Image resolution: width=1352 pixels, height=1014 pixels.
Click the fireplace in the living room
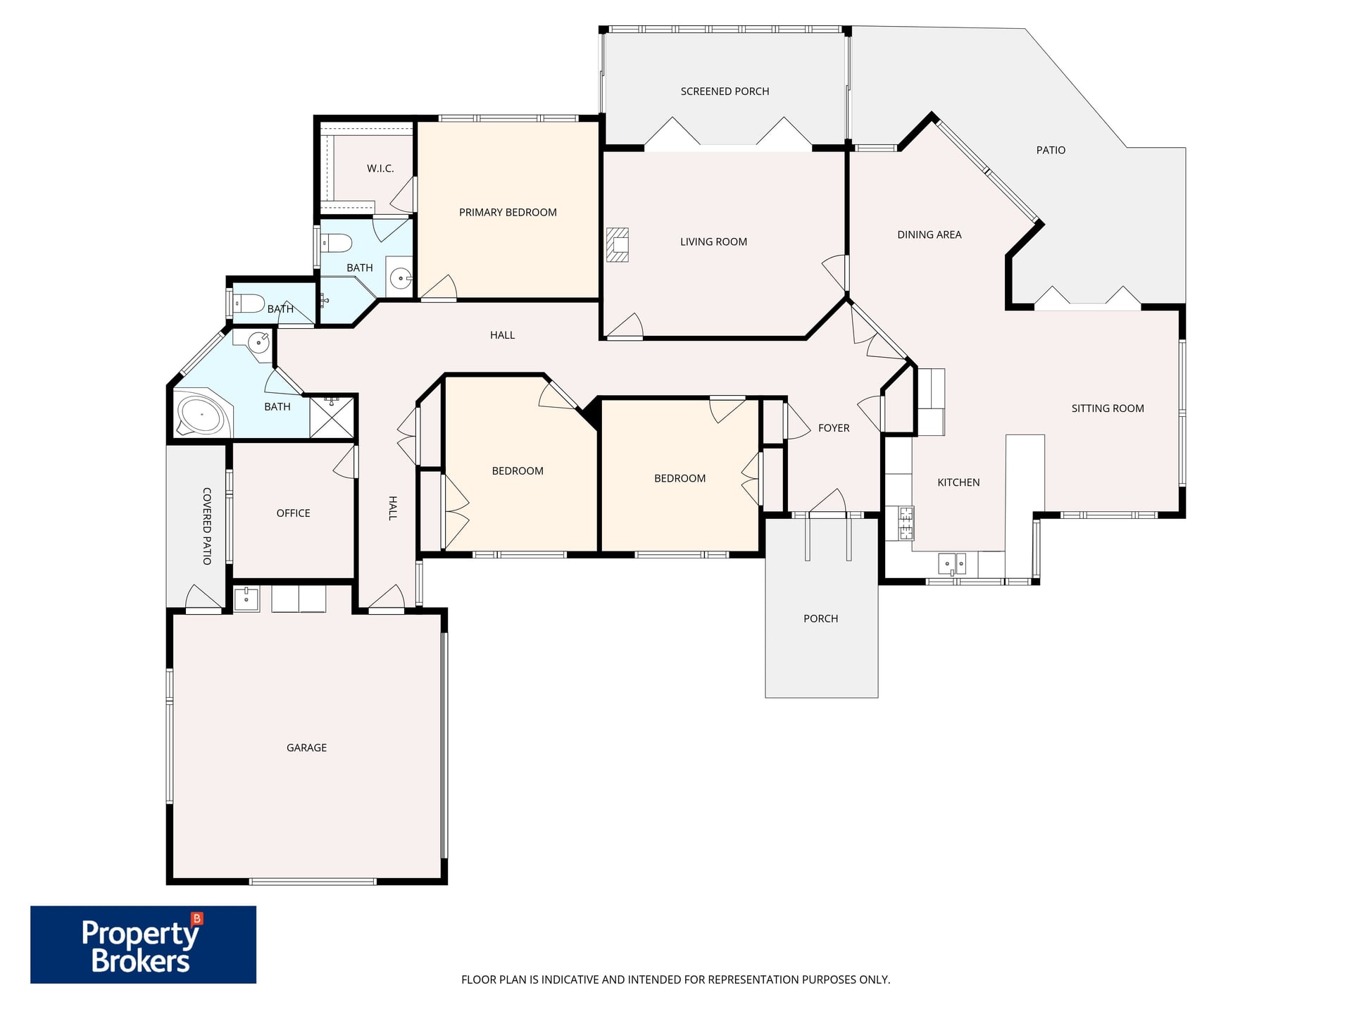[x=618, y=244]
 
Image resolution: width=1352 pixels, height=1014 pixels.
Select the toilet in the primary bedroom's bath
[x=337, y=244]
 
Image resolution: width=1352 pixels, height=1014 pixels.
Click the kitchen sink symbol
[x=952, y=564]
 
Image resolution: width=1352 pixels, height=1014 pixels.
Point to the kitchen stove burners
[x=906, y=523]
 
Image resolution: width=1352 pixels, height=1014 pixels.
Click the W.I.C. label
[x=380, y=168]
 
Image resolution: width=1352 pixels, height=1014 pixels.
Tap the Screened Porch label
[x=725, y=92]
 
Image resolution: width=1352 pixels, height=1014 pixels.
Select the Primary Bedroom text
[x=508, y=213]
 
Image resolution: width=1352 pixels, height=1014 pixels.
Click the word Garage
[x=306, y=748]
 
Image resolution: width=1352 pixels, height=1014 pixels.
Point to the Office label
[x=293, y=513]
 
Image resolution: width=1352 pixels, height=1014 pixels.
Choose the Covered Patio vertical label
[x=207, y=526]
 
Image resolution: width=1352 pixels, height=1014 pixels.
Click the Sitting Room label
[x=1108, y=408]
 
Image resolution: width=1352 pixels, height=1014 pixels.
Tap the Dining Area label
[x=929, y=235]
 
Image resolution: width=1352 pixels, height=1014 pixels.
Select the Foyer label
[x=834, y=428]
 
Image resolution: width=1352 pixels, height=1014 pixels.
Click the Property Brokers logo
[x=143, y=944]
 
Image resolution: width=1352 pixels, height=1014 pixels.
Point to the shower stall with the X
[x=332, y=416]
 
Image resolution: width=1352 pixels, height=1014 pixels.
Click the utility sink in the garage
[x=246, y=599]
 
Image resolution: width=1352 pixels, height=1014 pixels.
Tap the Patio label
[x=1051, y=150]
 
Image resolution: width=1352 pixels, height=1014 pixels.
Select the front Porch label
[x=820, y=619]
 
